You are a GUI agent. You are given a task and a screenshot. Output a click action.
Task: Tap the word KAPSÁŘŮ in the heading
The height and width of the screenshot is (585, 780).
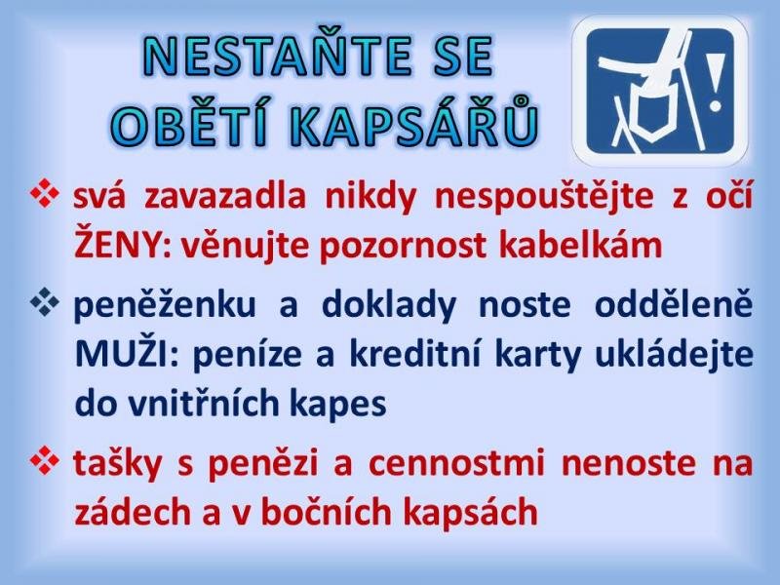pos(414,121)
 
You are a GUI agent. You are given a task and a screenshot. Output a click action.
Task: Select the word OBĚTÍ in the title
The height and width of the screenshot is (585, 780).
pos(191,121)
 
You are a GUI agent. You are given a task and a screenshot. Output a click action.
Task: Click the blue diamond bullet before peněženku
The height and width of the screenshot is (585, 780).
pos(44,302)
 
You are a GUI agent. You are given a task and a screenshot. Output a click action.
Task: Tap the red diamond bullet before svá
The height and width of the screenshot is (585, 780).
pos(44,193)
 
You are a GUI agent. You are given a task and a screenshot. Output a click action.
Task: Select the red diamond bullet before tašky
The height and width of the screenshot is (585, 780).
pos(44,460)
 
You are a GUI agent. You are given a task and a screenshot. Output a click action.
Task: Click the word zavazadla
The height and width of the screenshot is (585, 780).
pos(225,196)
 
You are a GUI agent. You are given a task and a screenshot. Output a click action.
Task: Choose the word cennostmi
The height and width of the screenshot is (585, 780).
pos(456,462)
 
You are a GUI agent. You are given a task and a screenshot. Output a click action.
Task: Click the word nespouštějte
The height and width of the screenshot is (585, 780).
pos(544,197)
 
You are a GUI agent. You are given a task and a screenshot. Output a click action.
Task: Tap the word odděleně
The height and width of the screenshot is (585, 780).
pos(674,303)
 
